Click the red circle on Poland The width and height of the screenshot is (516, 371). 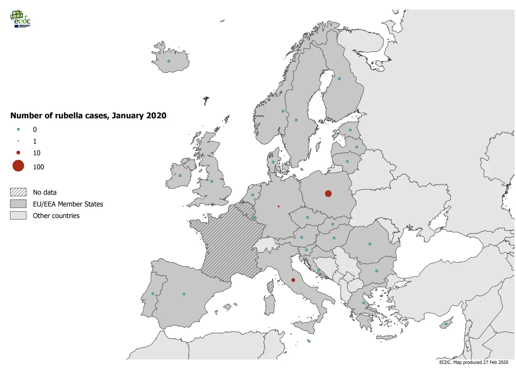click(x=328, y=193)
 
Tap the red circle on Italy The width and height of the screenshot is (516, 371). click(x=293, y=280)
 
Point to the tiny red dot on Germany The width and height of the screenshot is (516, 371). click(x=278, y=206)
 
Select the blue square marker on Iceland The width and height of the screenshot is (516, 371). click(x=169, y=61)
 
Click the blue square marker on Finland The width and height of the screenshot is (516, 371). click(x=340, y=79)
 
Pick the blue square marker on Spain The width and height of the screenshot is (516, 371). click(x=184, y=294)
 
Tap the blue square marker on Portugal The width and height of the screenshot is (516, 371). click(x=153, y=294)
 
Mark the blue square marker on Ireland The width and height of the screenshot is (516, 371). click(x=180, y=175)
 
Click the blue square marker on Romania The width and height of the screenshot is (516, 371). click(x=370, y=244)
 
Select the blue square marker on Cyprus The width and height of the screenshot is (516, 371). click(x=446, y=324)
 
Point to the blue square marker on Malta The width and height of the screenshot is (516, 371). click(x=309, y=341)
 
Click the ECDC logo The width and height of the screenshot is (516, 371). click(x=20, y=19)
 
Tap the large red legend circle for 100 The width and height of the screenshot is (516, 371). click(x=18, y=166)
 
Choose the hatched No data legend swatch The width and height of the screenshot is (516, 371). click(x=18, y=192)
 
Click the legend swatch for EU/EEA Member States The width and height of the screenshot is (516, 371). click(x=18, y=204)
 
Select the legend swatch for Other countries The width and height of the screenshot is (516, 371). click(x=18, y=215)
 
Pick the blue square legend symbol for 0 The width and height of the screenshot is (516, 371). click(x=18, y=129)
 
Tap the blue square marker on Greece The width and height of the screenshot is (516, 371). click(x=364, y=303)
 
